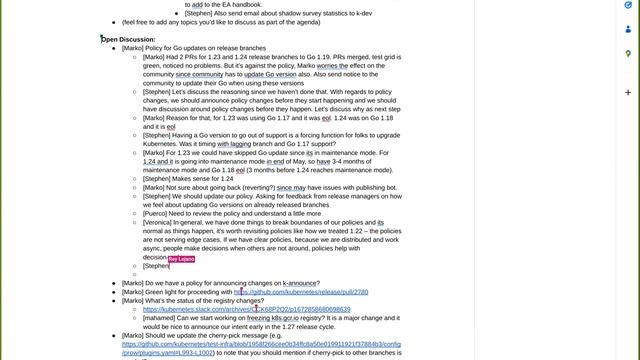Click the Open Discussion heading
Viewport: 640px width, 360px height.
click(129, 39)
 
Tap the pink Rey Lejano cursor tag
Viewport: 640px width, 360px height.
click(181, 258)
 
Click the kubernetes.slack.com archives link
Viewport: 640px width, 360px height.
click(246, 309)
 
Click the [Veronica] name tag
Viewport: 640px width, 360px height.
click(161, 222)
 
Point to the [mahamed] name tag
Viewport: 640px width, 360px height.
click(161, 318)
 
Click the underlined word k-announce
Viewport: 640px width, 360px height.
click(301, 283)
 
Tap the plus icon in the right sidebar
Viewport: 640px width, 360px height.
click(627, 92)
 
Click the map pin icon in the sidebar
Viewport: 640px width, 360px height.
click(627, 53)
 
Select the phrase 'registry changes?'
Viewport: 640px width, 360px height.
click(235, 300)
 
